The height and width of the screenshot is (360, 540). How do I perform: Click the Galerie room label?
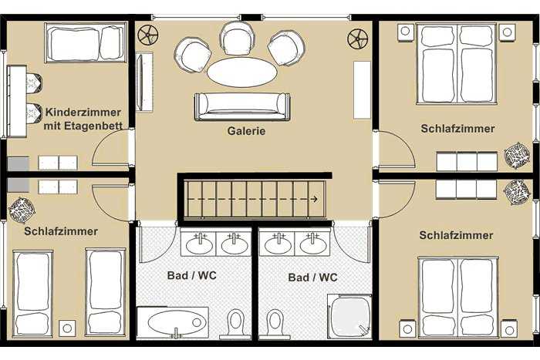246,131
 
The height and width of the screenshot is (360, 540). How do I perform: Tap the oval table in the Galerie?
241,72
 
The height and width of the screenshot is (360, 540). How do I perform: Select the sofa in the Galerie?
242,106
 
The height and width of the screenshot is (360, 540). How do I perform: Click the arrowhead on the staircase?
314,199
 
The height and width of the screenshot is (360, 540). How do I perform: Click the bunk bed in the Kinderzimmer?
86,43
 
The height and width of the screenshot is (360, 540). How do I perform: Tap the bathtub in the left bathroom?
173,323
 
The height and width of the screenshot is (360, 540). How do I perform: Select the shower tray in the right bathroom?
349,316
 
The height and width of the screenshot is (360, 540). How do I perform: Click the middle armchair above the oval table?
238,39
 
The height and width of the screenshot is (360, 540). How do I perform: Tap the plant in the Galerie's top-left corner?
148,35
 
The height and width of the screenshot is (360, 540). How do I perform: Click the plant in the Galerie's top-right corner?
357,39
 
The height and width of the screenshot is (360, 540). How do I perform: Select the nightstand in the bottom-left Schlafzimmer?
67,328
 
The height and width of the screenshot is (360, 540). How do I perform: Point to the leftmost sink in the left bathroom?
199,244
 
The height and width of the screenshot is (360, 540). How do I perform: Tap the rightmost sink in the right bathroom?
312,244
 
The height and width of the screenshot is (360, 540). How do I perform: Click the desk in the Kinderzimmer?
17,101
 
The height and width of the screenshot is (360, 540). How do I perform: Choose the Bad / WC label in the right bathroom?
312,278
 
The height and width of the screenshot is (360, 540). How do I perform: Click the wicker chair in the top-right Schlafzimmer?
517,156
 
